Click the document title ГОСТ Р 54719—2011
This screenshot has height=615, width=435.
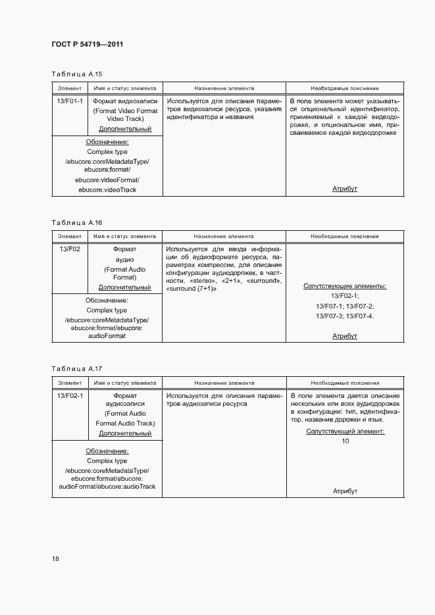pyautogui.click(x=88, y=45)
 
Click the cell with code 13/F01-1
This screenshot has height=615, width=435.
pyautogui.click(x=69, y=102)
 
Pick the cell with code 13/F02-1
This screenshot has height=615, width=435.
pyautogui.click(x=69, y=396)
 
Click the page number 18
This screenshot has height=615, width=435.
pyautogui.click(x=55, y=559)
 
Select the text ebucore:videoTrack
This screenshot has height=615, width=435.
pyautogui.click(x=107, y=190)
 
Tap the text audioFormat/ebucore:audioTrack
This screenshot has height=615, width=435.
pyautogui.click(x=107, y=487)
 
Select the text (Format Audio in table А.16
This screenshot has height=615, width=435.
pyautogui.click(x=125, y=269)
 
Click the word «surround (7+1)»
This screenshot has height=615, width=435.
pyautogui.click(x=192, y=289)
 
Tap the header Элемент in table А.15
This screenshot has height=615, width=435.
pyautogui.click(x=69, y=88)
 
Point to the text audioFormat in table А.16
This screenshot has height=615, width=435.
pyautogui.click(x=107, y=335)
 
